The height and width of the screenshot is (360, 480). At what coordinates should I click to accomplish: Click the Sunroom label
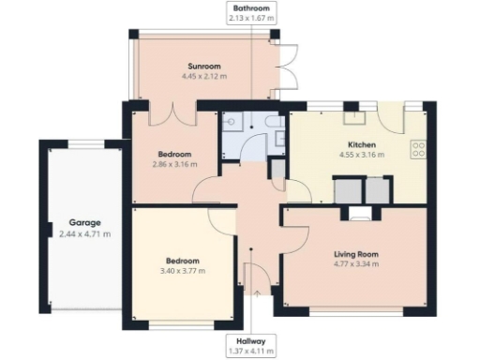pyautogui.click(x=202, y=67)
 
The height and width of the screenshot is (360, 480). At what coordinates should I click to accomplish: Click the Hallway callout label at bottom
pyautogui.click(x=252, y=341)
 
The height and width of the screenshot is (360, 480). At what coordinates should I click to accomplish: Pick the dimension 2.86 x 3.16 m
pyautogui.click(x=174, y=164)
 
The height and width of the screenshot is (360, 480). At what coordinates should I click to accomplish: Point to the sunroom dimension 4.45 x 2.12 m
pyautogui.click(x=202, y=77)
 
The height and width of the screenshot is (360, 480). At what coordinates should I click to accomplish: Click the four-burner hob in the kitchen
pyautogui.click(x=418, y=148)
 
